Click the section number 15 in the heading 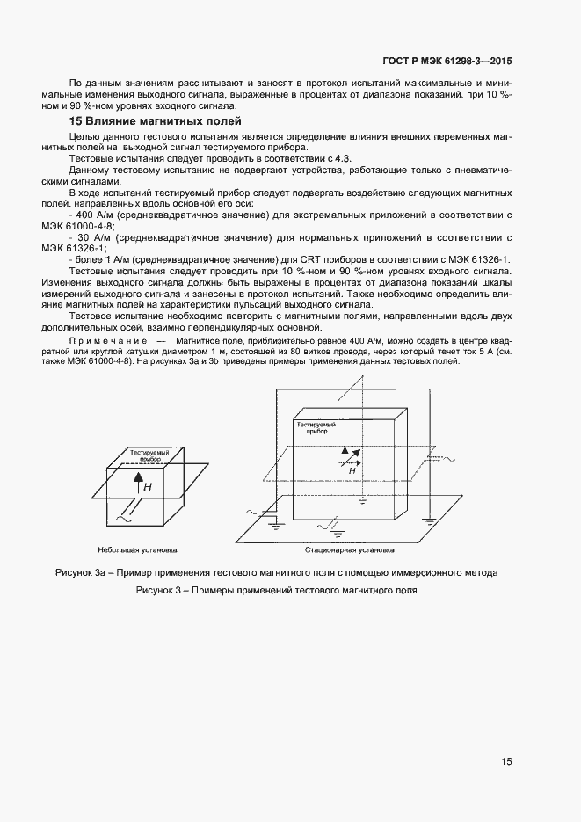click(76, 121)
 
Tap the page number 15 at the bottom click(507, 762)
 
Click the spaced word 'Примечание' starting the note click(105, 339)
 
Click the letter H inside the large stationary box click(352, 470)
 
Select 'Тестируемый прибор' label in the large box click(317, 428)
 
